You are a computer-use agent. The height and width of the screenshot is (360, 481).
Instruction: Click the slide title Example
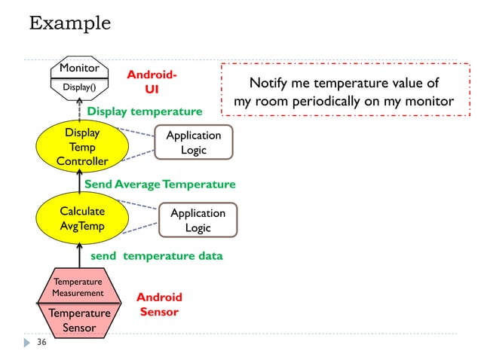click(x=69, y=23)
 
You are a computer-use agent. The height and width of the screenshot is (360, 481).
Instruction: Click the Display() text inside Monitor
click(x=78, y=87)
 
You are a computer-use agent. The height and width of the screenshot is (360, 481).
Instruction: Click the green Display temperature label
click(x=145, y=111)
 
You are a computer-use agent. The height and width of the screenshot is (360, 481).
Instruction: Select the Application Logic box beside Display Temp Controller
click(x=193, y=142)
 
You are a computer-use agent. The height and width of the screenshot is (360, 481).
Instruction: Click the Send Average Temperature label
click(x=160, y=184)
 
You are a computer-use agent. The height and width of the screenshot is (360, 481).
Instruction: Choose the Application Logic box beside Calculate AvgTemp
click(x=198, y=220)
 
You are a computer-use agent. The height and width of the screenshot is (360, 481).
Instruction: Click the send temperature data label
click(x=156, y=255)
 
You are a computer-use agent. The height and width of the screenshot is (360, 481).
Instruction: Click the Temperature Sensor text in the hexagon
click(x=79, y=319)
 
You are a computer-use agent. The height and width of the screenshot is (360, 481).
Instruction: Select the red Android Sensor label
click(x=159, y=304)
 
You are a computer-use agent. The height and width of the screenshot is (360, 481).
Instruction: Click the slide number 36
click(x=41, y=343)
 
